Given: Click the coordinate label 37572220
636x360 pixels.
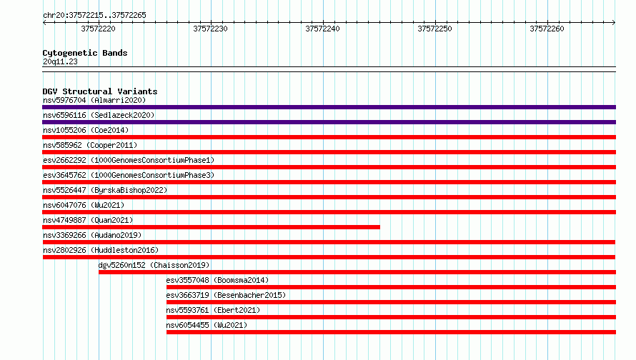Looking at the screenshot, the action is [98, 29].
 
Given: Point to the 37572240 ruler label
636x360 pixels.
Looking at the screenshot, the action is [322, 29].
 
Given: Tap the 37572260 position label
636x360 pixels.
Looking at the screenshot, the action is [547, 29].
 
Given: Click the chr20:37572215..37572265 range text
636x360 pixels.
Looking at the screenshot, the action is [94, 16].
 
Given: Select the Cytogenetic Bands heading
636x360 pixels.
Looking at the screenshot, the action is [85, 53].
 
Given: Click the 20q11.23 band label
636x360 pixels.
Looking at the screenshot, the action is [60, 61].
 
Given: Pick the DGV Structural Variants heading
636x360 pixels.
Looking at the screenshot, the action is [100, 91].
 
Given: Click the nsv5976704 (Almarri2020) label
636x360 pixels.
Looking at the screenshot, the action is [94, 100].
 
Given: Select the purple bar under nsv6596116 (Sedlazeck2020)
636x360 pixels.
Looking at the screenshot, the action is [329, 122].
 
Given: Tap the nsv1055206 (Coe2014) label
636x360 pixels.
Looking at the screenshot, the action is [86, 130].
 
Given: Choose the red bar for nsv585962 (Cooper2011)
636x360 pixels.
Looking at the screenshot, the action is [329, 152].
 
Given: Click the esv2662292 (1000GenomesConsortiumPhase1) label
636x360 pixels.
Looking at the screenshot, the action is [129, 160].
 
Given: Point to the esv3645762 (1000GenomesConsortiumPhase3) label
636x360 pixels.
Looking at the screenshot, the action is [129, 175].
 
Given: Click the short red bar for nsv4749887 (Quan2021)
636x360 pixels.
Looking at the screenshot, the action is [212, 227].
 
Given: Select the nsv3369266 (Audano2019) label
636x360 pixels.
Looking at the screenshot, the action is [92, 235].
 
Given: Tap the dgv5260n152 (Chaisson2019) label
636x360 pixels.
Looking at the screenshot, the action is [154, 265].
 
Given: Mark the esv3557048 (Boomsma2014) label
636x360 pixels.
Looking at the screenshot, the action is [217, 280].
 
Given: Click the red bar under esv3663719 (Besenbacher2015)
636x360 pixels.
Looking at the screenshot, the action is [391, 302].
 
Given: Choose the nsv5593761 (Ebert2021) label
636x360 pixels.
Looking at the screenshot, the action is [213, 310].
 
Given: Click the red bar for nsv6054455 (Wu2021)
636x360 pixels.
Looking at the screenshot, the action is [391, 332].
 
